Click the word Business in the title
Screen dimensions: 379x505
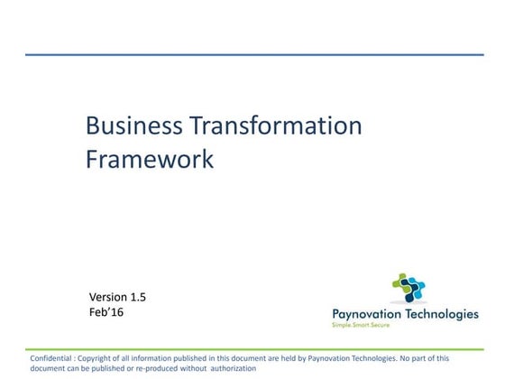[126, 125]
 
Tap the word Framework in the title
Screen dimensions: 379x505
[150, 159]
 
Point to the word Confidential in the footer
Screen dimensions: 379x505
[53, 357]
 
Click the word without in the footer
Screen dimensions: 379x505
[192, 368]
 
